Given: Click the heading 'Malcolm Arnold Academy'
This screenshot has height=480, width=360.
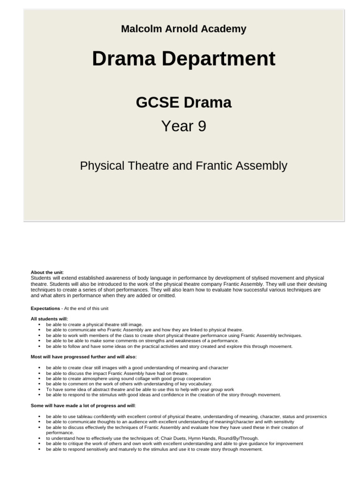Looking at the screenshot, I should (x=183, y=29).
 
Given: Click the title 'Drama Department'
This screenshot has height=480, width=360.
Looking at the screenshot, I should (x=183, y=59).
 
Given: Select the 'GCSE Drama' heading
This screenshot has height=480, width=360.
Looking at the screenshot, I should (x=183, y=102).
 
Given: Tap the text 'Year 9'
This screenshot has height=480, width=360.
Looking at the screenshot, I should (x=183, y=126).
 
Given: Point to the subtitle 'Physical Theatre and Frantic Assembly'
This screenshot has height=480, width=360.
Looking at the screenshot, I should (x=183, y=165).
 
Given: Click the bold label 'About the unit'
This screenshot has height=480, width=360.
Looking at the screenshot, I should (x=47, y=272).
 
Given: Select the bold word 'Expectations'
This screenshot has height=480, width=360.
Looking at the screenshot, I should (x=45, y=308).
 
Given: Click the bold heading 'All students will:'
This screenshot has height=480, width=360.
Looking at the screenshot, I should (x=49, y=319).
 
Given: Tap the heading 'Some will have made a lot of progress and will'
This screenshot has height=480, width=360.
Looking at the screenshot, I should (x=82, y=405).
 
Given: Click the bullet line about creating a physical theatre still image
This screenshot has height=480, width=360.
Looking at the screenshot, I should (x=94, y=324).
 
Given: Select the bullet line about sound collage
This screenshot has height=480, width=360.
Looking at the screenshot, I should (x=128, y=378).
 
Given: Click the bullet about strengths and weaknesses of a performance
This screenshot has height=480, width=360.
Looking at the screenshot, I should (x=142, y=341).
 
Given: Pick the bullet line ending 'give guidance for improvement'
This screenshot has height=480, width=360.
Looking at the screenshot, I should (x=174, y=443).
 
